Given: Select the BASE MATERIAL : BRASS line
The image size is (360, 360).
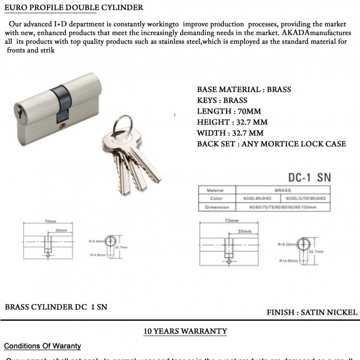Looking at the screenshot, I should tap(244, 89).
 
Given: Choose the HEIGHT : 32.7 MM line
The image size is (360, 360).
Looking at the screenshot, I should tap(233, 122).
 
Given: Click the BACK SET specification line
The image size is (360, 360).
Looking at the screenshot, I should tap(271, 144).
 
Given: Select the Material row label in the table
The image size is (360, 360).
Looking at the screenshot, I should tap(215, 190).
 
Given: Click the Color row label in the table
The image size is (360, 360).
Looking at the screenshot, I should tap(215, 198).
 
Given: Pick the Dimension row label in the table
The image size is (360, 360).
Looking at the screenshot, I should tap(215, 207).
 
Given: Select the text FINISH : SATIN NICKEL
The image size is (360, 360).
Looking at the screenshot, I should tap(312, 312).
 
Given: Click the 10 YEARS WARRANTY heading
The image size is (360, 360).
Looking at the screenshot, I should tap(186, 331).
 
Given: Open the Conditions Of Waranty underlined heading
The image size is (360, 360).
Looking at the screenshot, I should tap(43, 346).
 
